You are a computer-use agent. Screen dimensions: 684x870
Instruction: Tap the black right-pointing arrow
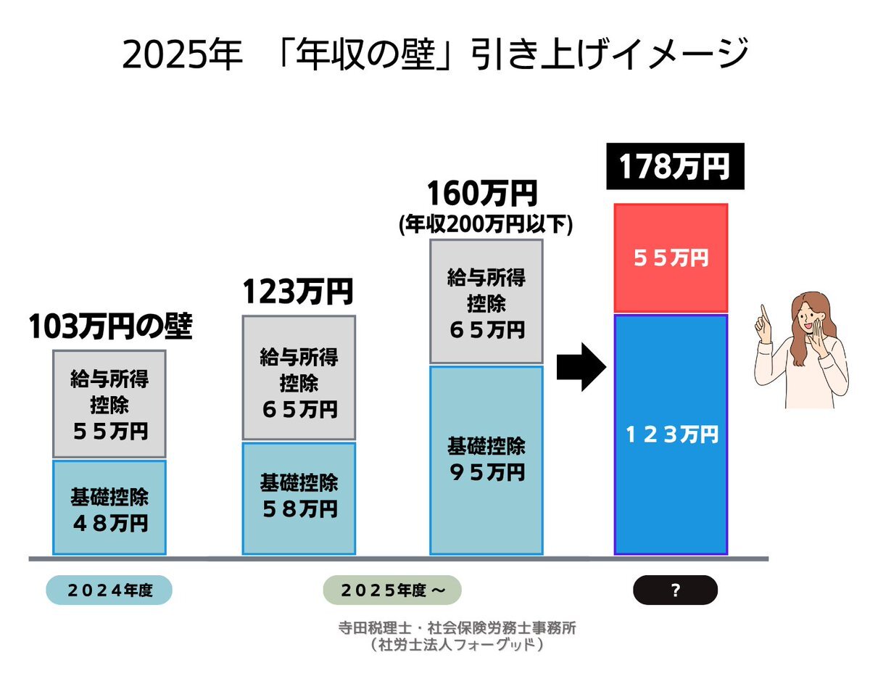580,367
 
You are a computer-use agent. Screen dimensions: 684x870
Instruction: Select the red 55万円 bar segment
671,258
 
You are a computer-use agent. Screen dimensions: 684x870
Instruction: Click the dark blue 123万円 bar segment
671,434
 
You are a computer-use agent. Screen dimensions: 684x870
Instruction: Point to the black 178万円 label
674,166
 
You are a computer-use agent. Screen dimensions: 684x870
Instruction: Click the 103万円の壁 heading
110,328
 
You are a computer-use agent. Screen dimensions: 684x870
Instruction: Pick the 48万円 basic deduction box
109,508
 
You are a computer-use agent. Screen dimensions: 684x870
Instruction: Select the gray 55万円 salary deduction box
109,404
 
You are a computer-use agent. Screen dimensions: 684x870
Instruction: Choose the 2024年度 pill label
109,590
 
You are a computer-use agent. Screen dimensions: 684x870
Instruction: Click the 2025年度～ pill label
391,590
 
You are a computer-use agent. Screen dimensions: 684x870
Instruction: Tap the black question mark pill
675,590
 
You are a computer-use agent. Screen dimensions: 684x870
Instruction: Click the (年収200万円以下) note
486,226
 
